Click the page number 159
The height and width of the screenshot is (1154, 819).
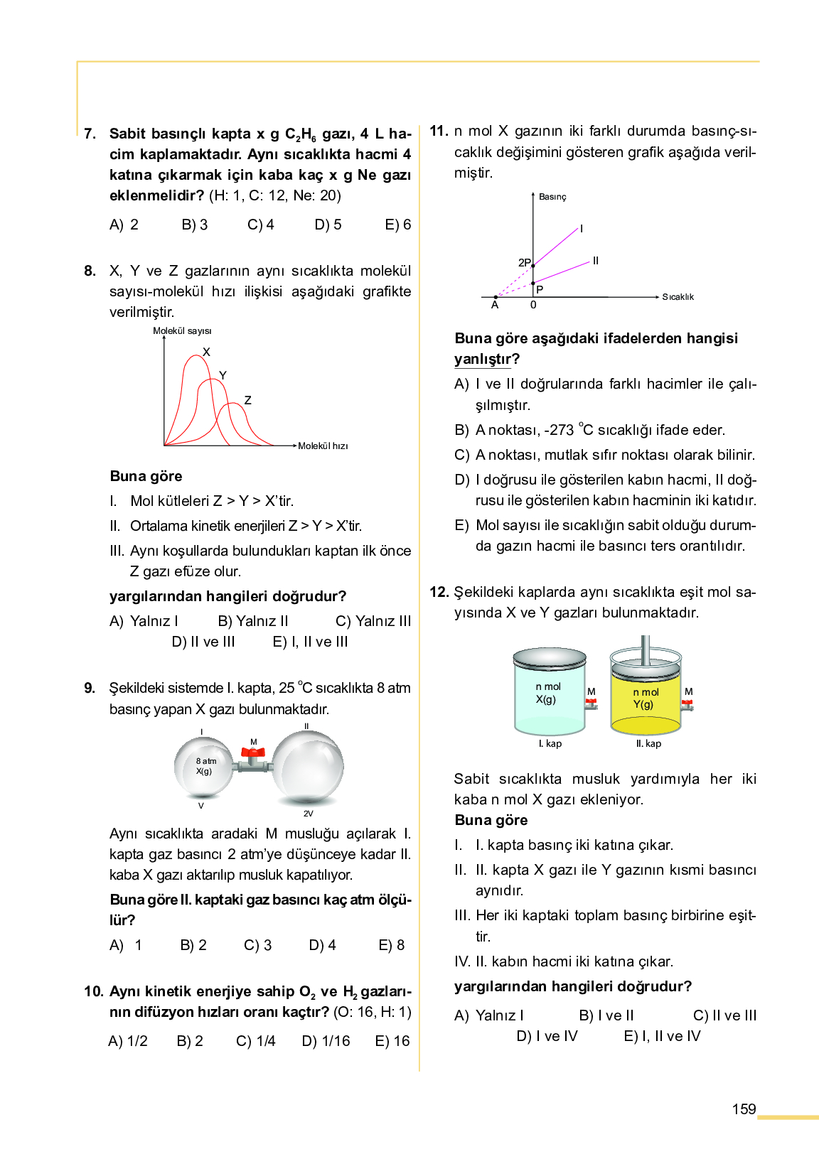(744, 1109)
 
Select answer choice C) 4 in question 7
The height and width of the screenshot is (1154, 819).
(261, 225)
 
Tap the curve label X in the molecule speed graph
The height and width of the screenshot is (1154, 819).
(206, 352)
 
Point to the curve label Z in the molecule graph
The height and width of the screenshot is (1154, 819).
(247, 400)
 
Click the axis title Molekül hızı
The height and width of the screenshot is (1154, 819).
(323, 446)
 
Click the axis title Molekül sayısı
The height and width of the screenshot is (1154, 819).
(182, 331)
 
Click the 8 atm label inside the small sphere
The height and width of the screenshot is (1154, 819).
(206, 761)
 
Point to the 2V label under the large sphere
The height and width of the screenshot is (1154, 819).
(308, 814)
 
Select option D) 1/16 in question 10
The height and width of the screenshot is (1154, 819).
(326, 1041)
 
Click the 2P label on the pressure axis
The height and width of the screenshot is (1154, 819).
(524, 263)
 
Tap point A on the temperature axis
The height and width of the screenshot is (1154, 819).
(495, 304)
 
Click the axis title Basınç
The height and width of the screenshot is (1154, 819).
(552, 197)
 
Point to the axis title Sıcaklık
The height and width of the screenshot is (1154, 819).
(678, 297)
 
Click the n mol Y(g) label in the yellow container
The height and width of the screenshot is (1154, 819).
(645, 698)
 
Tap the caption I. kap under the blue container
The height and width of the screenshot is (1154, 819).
(550, 744)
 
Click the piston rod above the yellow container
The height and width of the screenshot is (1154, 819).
(645, 649)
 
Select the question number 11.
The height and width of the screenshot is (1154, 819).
(439, 131)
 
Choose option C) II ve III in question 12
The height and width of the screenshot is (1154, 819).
(724, 1015)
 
